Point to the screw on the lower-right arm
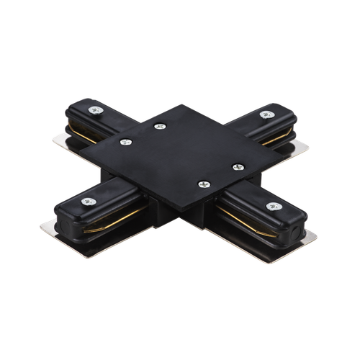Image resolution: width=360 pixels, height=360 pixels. click(272, 207)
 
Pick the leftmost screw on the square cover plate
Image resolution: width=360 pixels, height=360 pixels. click(125, 143)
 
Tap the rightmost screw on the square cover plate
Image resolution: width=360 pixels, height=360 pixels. click(235, 167)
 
